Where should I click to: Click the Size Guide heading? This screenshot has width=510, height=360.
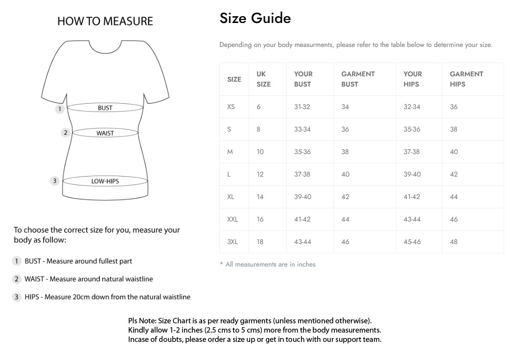pos(255,19)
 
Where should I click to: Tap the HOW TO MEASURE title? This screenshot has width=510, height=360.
pos(105,21)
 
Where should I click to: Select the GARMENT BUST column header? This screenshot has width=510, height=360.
pos(358,79)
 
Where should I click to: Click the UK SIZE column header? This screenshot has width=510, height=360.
pos(263,79)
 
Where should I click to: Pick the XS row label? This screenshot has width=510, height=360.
pos(231,107)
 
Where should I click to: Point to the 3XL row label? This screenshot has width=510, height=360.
pos(232,242)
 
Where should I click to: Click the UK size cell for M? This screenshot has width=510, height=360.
pos(260,152)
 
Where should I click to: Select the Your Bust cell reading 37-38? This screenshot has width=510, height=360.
pos(302,174)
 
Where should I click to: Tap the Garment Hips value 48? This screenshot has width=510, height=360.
pos(454,242)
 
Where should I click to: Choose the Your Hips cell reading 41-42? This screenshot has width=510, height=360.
pos(412,197)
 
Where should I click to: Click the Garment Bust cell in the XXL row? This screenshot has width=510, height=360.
pos(346,219)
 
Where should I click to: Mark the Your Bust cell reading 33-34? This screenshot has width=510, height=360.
pos(302,129)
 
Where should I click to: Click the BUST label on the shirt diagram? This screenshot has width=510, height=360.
pos(105,108)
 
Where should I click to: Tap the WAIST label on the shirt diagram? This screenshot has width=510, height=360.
pos(105,133)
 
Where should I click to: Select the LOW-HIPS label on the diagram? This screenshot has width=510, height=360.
pos(105,181)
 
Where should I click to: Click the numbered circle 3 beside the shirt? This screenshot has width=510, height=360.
pos(55,181)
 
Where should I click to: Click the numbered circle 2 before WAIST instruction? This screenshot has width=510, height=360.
pos(17,279)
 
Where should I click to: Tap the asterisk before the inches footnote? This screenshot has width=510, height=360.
pos(221,264)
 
